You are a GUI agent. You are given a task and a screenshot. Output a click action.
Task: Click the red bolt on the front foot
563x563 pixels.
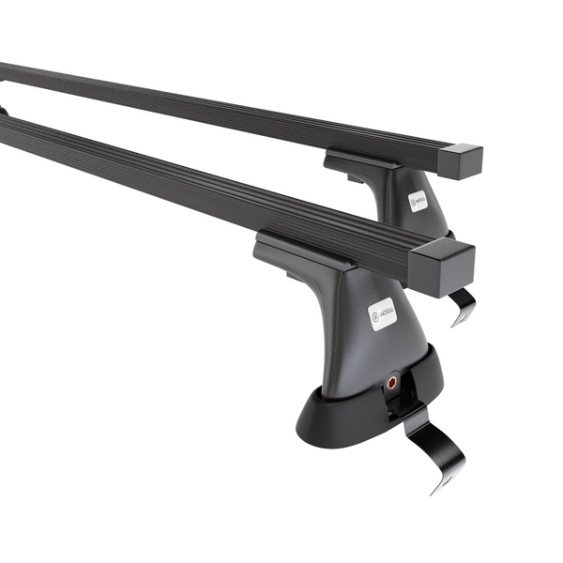tap(391, 382)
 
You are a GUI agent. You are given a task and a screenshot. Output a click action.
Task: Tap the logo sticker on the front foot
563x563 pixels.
tap(383, 312)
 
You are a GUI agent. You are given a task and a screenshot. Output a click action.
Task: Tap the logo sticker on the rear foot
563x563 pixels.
tap(418, 201)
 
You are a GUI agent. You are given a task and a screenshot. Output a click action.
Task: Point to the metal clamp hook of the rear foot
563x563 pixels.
tap(462, 308)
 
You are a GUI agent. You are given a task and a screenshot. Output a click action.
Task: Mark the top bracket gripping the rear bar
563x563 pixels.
tap(361, 161)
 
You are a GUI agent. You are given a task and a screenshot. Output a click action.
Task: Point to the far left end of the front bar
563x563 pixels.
tap(5, 127)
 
